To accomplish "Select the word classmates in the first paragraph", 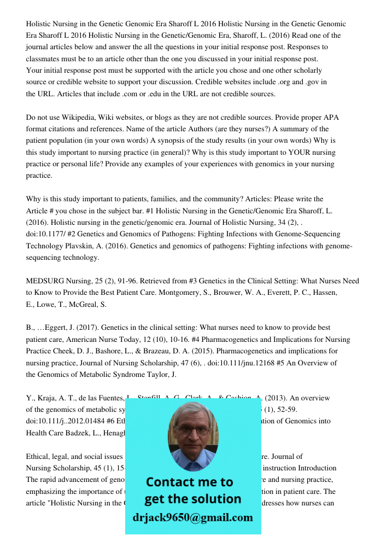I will click(45, 59).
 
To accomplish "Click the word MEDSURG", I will click(44, 281).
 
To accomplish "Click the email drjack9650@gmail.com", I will click(193, 517).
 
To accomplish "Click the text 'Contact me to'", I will click(190, 482).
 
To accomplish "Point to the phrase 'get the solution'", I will click(192, 499).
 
